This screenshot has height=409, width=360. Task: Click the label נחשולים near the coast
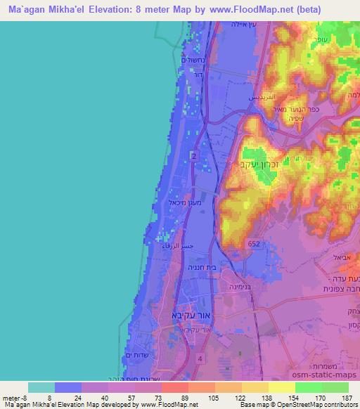(191, 61)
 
